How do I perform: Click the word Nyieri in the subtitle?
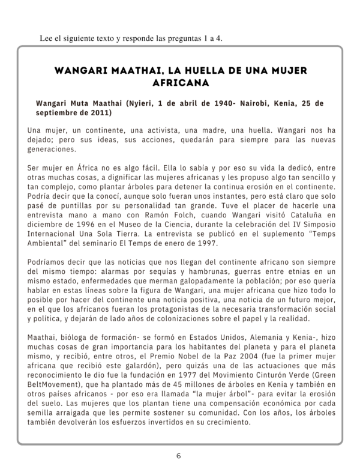pos(140,103)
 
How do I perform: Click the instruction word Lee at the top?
pos(46,39)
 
